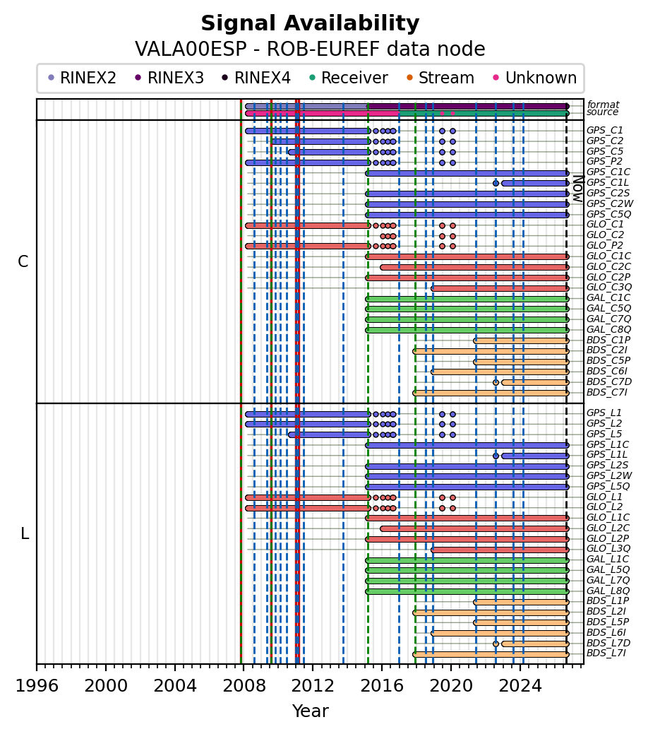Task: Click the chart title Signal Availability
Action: tap(310, 23)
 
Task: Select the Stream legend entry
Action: tap(440, 78)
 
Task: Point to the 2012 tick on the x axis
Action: tap(312, 664)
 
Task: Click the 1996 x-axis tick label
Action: tap(37, 686)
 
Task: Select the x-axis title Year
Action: tap(310, 711)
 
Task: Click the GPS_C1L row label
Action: tap(608, 182)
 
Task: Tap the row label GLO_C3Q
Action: tap(609, 287)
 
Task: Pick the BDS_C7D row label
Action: tap(609, 381)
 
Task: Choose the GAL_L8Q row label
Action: tap(608, 591)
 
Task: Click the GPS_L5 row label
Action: tap(604, 434)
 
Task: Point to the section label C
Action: tap(23, 261)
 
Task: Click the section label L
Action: tap(25, 533)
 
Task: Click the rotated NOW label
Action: tap(579, 189)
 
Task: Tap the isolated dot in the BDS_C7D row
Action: tap(496, 382)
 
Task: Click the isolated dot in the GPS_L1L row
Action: tap(496, 456)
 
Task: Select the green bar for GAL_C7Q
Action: tap(467, 320)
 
